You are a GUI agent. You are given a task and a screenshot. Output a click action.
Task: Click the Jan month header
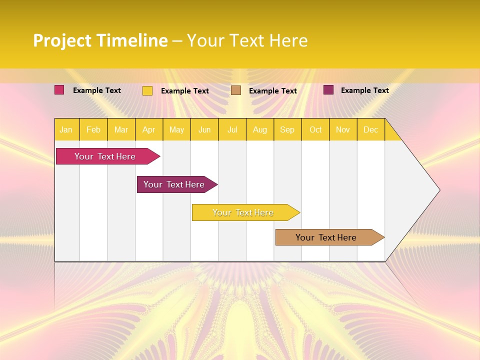pyautogui.click(x=66, y=129)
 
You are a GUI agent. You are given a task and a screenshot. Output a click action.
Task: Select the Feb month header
pyautogui.click(x=93, y=129)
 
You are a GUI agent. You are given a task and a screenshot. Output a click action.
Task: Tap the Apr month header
pyautogui.click(x=148, y=129)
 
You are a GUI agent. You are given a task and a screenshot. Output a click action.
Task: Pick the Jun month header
pyautogui.click(x=204, y=129)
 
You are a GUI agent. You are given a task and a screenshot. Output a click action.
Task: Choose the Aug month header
pyautogui.click(x=259, y=129)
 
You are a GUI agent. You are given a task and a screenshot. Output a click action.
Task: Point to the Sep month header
pyautogui.click(x=287, y=129)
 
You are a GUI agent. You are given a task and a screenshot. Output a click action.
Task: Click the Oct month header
pyautogui.click(x=315, y=129)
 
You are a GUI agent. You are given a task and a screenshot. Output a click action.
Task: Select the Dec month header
pyautogui.click(x=370, y=129)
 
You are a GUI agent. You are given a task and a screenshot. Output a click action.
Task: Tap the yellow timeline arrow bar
pyautogui.click(x=243, y=212)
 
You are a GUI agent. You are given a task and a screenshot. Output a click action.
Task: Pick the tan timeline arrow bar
pyautogui.click(x=326, y=237)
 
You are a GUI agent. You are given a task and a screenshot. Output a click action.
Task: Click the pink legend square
pyautogui.click(x=59, y=90)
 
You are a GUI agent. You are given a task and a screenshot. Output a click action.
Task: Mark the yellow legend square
pyautogui.click(x=147, y=90)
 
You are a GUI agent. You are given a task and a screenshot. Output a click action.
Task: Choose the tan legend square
pyautogui.click(x=236, y=90)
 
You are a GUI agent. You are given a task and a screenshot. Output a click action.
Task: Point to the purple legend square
pyautogui.click(x=328, y=90)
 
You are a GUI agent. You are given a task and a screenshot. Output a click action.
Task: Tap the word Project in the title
pyautogui.click(x=62, y=40)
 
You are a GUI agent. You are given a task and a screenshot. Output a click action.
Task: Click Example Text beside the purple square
pyautogui.click(x=364, y=90)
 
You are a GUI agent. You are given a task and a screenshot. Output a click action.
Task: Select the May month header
pyautogui.click(x=176, y=129)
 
